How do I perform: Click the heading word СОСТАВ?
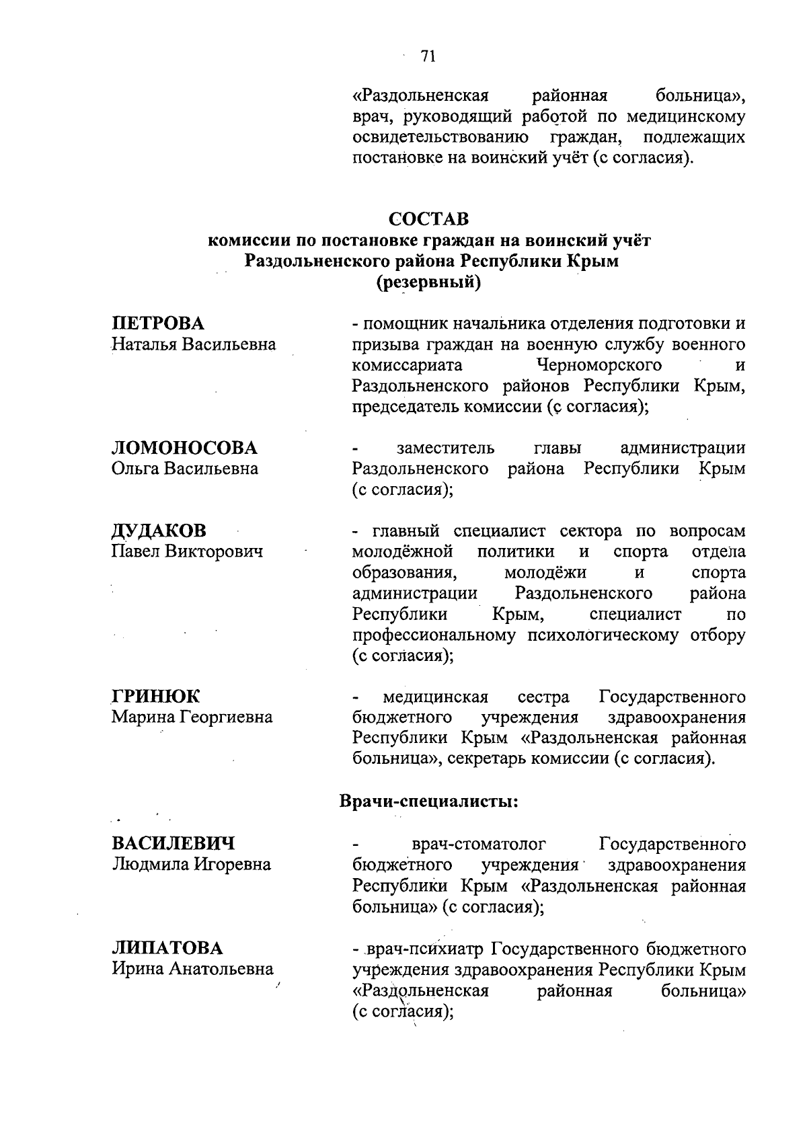point(428,220)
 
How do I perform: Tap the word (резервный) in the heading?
point(428,283)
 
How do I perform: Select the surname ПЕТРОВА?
point(158,323)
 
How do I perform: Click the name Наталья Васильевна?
point(194,345)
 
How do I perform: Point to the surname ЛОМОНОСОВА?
point(184,448)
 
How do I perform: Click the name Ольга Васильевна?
point(185,469)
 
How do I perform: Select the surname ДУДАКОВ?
point(159,531)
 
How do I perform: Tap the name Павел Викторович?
point(187,552)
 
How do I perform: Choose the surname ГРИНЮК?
point(156,696)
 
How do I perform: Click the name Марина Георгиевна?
point(192,717)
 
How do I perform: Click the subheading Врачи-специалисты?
point(428,801)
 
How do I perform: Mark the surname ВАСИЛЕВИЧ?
point(174,844)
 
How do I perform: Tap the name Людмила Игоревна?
point(192,865)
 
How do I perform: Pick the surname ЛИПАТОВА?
point(167,948)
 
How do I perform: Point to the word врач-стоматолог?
point(478,844)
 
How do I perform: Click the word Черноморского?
point(599,365)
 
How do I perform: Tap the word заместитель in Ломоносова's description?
point(445,448)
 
